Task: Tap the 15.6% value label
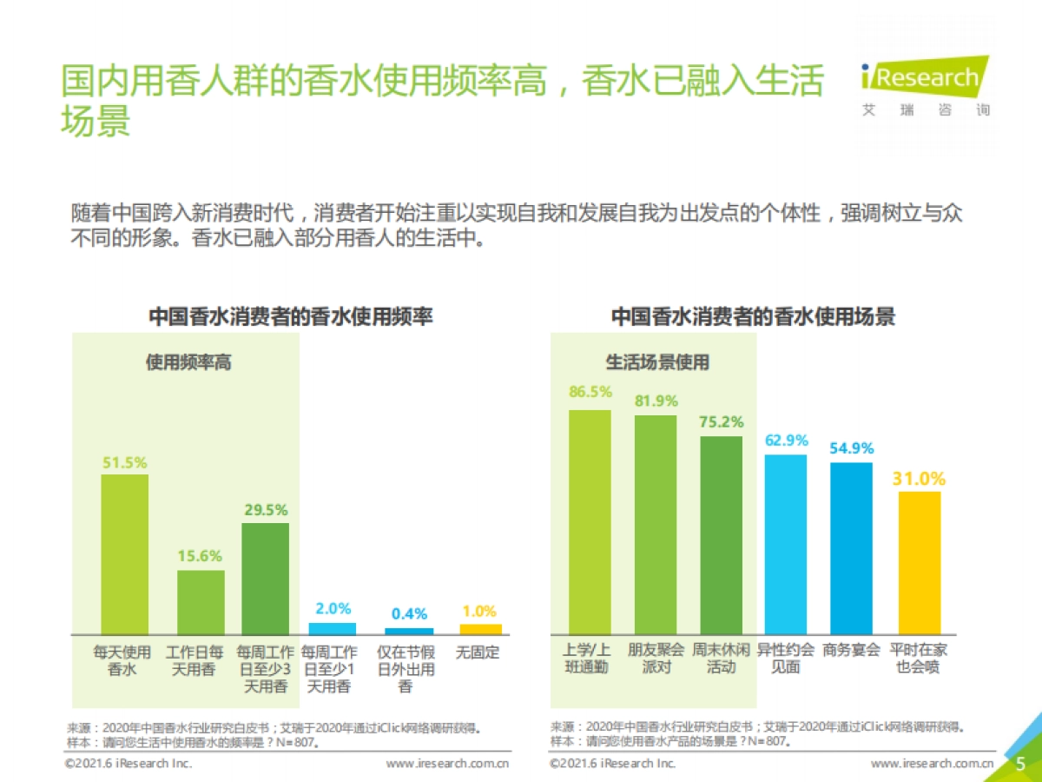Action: (x=200, y=556)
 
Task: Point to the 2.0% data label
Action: (x=333, y=609)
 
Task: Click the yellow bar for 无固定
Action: (x=480, y=628)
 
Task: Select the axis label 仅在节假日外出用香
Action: (x=406, y=669)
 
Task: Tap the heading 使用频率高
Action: (x=188, y=362)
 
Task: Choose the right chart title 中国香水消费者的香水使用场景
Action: (x=753, y=316)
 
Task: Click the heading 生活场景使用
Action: (x=656, y=362)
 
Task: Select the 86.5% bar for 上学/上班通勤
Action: (x=590, y=521)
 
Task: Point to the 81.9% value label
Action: (x=656, y=401)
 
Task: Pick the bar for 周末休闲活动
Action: (x=721, y=534)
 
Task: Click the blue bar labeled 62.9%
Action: (x=785, y=544)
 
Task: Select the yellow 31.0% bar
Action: (x=920, y=562)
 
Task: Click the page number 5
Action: (x=1020, y=763)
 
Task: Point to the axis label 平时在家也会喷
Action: (x=919, y=659)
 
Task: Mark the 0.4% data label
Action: (x=408, y=614)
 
